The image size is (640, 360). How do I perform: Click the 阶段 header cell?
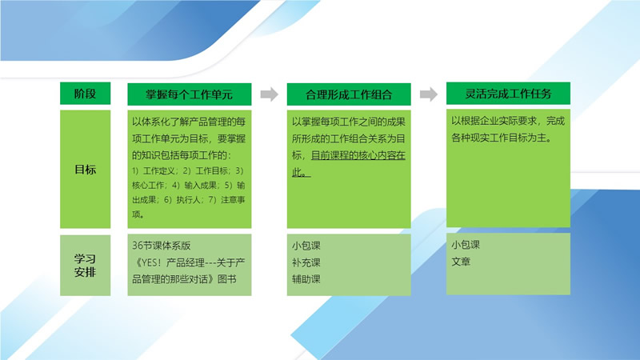[85, 94]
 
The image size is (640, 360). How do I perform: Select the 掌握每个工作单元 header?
[189, 94]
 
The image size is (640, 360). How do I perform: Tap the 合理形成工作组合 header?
[349, 94]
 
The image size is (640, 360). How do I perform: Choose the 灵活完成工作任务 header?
[508, 93]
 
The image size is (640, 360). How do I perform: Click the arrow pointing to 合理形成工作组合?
[270, 94]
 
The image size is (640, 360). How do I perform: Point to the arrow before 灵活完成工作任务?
[430, 94]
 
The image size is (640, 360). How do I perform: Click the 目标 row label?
[85, 169]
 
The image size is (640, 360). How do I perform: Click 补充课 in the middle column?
[306, 262]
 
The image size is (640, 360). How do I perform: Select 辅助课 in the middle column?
[306, 280]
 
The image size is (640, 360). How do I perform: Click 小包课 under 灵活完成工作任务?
[466, 244]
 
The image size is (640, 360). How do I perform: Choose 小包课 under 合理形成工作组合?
[306, 245]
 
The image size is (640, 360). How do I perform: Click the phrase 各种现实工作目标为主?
[504, 137]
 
